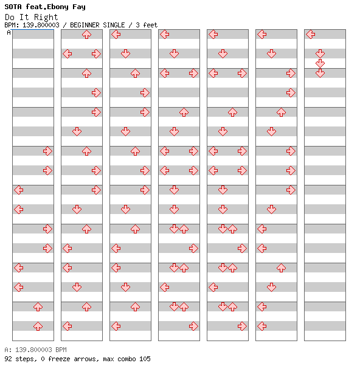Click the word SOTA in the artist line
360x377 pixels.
13,7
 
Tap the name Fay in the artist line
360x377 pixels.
79,7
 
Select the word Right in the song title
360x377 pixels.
46,17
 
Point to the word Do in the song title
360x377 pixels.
10,17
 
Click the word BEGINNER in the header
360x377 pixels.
85,25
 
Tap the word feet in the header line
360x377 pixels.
150,25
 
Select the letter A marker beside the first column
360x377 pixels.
9,32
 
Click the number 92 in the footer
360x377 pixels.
8,359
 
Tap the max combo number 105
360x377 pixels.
145,359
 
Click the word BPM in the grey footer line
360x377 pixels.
61,350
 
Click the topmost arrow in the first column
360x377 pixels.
47,151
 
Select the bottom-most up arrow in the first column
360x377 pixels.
38,327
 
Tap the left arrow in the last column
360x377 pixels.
311,35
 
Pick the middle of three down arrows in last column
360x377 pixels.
320,63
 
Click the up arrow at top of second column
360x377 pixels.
86,35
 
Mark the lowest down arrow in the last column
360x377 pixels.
320,73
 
